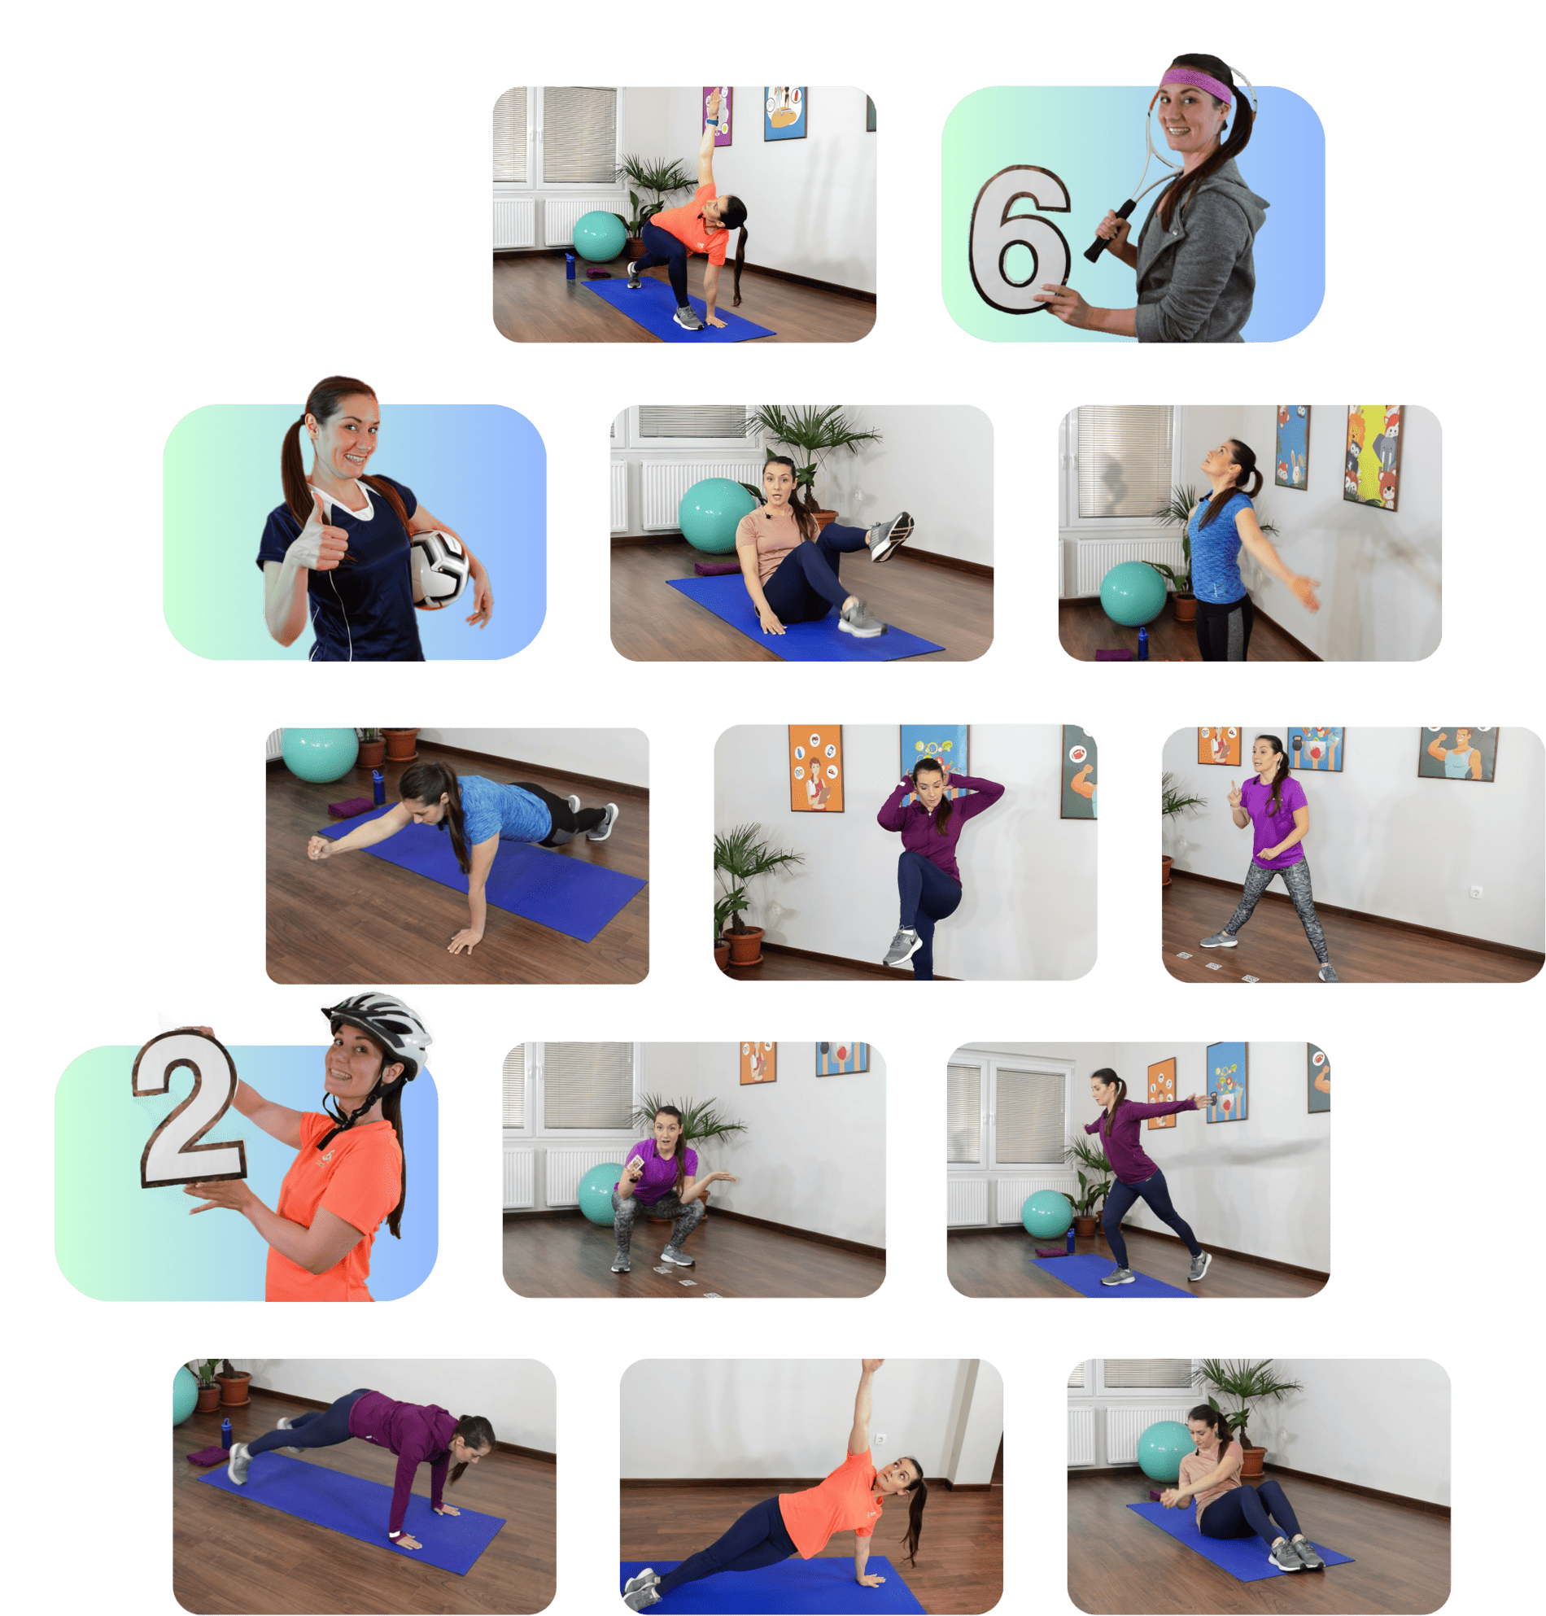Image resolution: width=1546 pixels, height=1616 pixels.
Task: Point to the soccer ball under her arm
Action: tap(439, 569)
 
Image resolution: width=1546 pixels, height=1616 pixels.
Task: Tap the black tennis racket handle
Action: tap(1108, 232)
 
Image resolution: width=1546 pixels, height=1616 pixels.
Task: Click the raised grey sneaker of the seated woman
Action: tap(891, 535)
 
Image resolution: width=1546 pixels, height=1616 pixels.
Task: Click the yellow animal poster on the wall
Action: tap(1373, 456)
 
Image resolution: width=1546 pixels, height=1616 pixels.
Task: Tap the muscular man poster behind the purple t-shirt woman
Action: tap(1458, 753)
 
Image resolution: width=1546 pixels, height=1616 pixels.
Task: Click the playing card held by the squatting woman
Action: tap(636, 1163)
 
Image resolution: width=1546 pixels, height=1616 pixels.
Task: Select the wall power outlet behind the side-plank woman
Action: tap(880, 1439)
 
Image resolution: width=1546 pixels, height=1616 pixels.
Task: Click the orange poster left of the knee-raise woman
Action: tap(816, 768)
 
